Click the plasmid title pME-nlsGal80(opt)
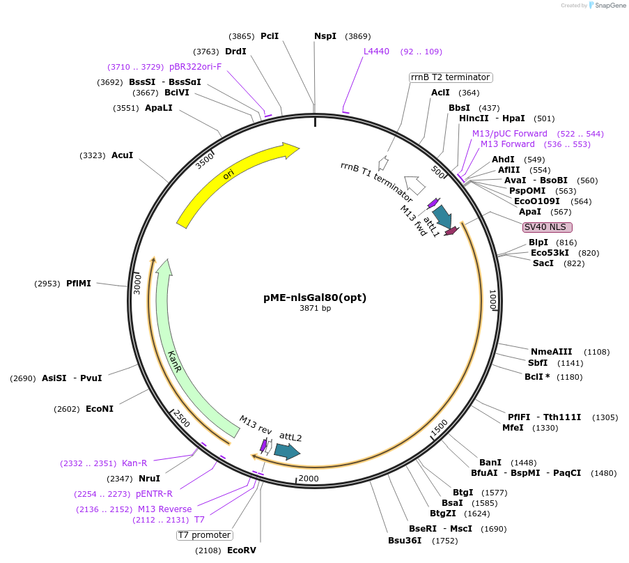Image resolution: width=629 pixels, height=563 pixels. [x=315, y=298]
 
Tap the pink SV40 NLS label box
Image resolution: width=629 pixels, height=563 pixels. [x=548, y=227]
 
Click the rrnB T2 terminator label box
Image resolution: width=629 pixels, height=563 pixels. [x=451, y=77]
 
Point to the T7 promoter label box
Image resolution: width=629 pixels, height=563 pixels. [x=204, y=535]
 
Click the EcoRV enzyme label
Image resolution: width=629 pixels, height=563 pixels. [x=242, y=550]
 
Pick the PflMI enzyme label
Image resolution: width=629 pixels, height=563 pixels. [x=79, y=284]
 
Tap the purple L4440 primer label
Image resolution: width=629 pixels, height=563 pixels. [x=377, y=52]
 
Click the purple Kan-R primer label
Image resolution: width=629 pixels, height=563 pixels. [x=134, y=463]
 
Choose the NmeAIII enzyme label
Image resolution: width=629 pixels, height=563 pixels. [x=551, y=352]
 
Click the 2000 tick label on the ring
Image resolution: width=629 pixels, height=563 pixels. [x=309, y=479]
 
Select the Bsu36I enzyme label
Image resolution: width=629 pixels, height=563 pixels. [x=405, y=541]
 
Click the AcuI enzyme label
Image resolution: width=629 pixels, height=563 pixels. [x=122, y=155]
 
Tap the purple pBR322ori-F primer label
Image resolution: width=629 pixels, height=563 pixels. [x=195, y=67]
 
